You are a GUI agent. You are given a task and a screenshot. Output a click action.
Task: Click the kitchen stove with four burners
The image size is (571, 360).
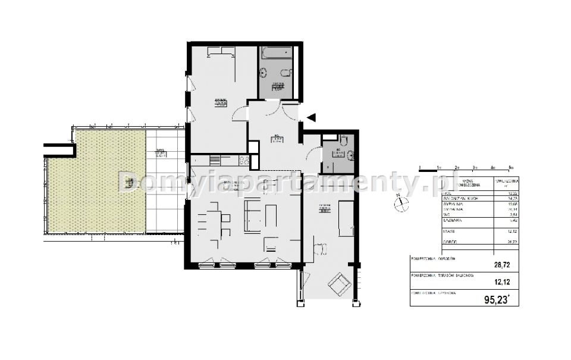click(243, 159)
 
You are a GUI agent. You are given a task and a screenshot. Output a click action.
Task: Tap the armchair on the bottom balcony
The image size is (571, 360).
click(340, 284)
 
